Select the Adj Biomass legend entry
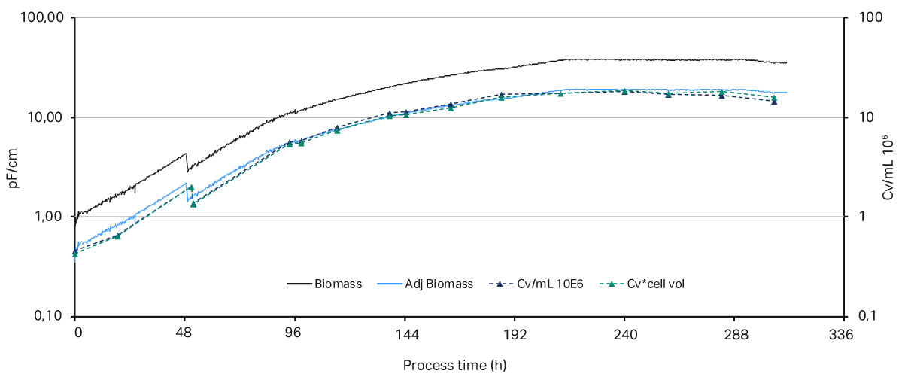[439, 284]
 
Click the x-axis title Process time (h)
[454, 366]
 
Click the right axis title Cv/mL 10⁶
[888, 167]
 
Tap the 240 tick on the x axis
[624, 335]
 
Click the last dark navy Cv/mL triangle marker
[774, 101]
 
